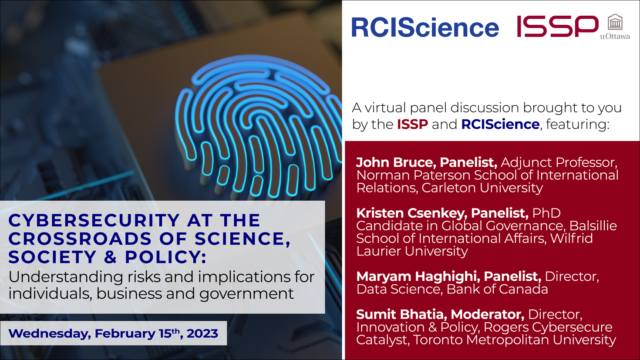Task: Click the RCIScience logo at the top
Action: [x=424, y=27]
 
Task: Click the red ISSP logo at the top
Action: [x=557, y=27]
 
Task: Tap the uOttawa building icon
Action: [x=615, y=22]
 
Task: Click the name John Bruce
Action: [x=394, y=162]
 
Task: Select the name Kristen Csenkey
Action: [x=411, y=213]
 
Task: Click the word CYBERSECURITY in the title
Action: [x=94, y=221]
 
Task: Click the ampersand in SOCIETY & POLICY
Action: [x=111, y=257]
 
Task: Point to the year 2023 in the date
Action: [x=202, y=334]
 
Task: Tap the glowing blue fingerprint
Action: [x=257, y=126]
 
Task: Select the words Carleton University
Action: [x=482, y=188]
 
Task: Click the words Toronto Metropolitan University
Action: [x=514, y=340]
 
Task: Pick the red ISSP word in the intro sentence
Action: [x=412, y=124]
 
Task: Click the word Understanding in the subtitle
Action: [x=65, y=277]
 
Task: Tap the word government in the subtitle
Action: [x=246, y=294]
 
